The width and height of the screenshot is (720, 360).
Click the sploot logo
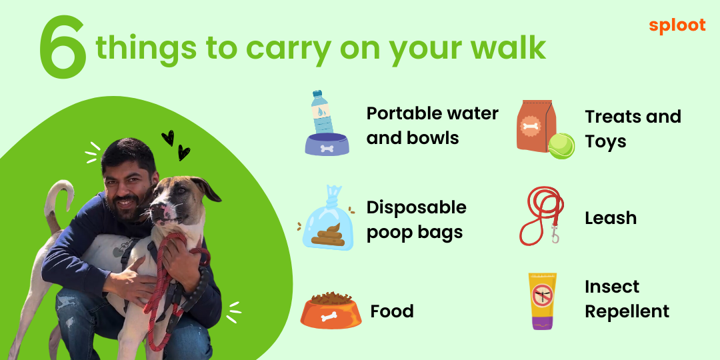pyautogui.click(x=677, y=26)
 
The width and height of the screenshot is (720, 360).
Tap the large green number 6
pyautogui.click(x=63, y=48)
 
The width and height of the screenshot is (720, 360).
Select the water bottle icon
pyautogui.click(x=323, y=113)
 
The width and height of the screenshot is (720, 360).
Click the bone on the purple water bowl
pyautogui.click(x=327, y=148)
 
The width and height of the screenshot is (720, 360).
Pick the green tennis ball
pyautogui.click(x=561, y=146)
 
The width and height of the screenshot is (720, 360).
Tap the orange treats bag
pyautogui.click(x=536, y=126)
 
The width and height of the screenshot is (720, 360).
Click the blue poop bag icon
pyautogui.click(x=327, y=219)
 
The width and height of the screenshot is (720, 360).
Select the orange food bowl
pyautogui.click(x=331, y=311)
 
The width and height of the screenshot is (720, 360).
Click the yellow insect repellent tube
pyautogui.click(x=542, y=301)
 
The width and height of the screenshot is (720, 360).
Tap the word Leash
pyautogui.click(x=611, y=218)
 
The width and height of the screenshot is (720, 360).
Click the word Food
pyautogui.click(x=392, y=311)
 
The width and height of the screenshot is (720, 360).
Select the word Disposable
pyautogui.click(x=416, y=207)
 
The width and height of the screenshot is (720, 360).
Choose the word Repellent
pyautogui.click(x=627, y=312)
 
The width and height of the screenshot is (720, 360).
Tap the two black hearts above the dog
pyautogui.click(x=176, y=145)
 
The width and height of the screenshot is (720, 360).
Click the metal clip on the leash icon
pyautogui.click(x=555, y=235)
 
